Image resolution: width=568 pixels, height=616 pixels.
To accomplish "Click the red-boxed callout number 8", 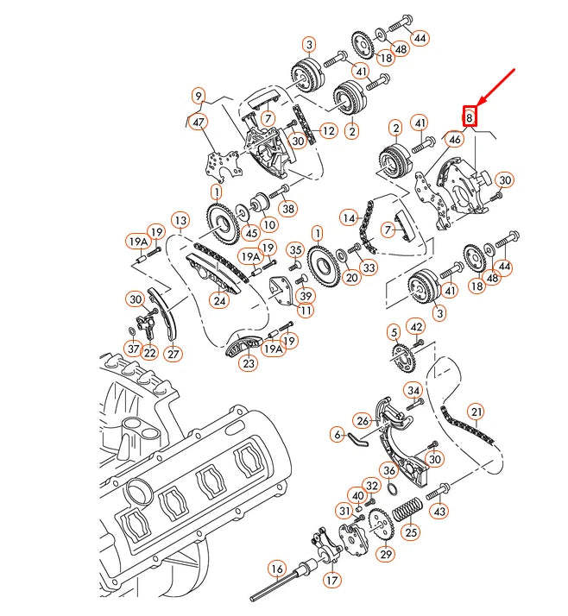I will (470, 115).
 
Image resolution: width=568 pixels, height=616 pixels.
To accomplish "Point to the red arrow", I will (498, 86).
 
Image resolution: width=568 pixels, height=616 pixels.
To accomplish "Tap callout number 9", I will (198, 95).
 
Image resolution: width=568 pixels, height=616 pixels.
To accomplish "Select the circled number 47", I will (199, 123).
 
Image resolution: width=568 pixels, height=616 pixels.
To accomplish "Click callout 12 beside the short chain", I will (328, 131).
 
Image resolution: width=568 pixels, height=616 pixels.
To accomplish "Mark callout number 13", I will (179, 220).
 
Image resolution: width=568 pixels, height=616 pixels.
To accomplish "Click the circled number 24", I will (220, 301).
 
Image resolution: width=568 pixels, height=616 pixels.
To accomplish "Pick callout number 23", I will (249, 363).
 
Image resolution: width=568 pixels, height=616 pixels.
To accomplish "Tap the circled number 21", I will (476, 411).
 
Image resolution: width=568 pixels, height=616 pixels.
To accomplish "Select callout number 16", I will (276, 569).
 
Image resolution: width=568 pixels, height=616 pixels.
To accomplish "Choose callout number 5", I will (394, 331).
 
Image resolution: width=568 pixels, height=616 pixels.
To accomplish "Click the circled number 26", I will (363, 420).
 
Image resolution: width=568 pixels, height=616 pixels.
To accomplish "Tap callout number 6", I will (338, 436).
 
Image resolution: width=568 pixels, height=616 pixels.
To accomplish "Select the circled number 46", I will (454, 139).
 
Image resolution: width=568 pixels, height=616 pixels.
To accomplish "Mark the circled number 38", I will (287, 208).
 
